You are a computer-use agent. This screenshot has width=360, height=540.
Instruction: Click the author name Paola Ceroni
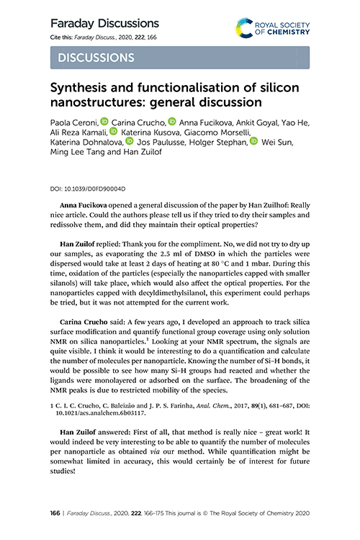75,122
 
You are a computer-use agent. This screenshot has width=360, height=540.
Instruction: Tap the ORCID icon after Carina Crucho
171,122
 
